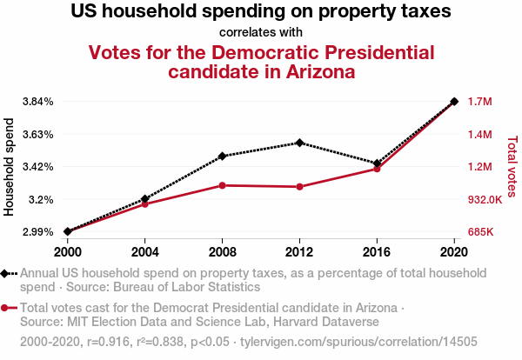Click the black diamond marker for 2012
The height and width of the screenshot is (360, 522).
point(299,143)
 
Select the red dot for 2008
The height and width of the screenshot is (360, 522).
point(223,185)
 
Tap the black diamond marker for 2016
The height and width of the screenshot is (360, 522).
point(377,163)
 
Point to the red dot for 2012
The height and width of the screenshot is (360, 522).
point(299,187)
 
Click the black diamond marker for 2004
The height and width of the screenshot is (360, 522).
point(144,199)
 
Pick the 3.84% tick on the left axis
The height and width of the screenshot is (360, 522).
point(38,102)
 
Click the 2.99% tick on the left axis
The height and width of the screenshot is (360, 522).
point(38,232)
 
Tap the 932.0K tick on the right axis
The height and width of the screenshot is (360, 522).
point(485,200)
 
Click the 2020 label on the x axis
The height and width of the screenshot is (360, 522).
point(454,251)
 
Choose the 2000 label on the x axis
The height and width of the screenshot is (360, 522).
point(67,251)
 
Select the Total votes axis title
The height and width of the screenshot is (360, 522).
point(512,166)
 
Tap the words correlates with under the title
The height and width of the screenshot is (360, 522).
point(261,32)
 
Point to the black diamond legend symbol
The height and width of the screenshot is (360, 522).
point(8,273)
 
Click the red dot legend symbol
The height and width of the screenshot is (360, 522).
point(8,308)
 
